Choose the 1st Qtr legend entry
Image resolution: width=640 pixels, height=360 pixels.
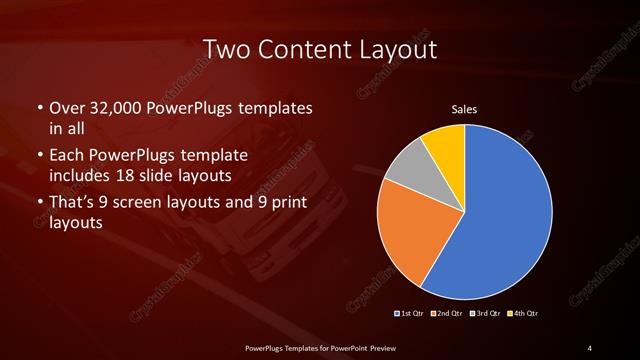tap(410, 314)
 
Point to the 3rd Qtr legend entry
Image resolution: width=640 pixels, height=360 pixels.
tap(485, 314)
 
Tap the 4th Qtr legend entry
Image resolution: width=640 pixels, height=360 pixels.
tap(524, 314)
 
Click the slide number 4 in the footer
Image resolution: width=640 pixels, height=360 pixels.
tap(590, 347)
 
